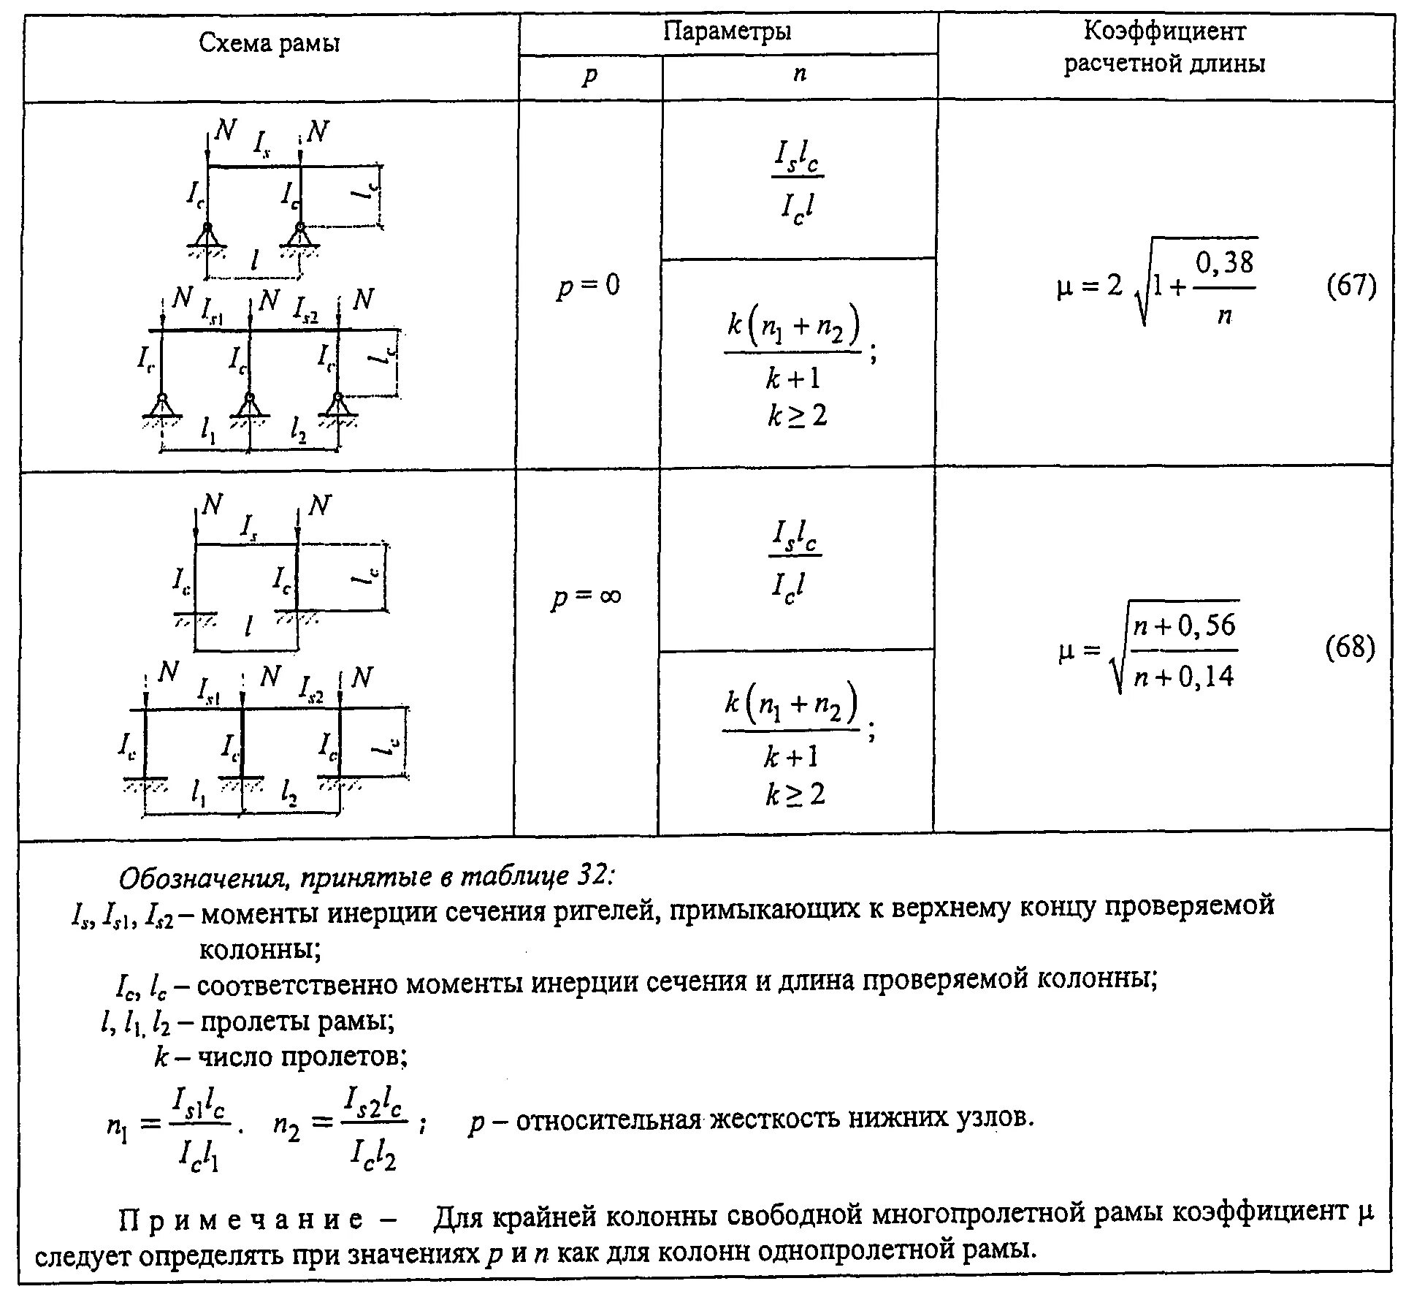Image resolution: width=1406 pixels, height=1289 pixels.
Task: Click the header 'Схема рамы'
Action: click(270, 45)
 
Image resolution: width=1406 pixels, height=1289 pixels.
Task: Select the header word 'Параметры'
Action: click(727, 31)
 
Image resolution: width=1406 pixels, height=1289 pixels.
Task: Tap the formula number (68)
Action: click(1350, 647)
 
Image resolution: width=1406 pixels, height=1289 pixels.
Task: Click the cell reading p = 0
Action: click(588, 284)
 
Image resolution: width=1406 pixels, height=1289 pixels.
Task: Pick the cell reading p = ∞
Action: click(586, 596)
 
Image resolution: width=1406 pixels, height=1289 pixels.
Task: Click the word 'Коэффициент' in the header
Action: click(1164, 31)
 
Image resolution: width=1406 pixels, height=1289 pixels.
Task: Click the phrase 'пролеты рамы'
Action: click(297, 1021)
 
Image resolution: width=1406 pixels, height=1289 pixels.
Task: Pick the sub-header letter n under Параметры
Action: click(799, 74)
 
